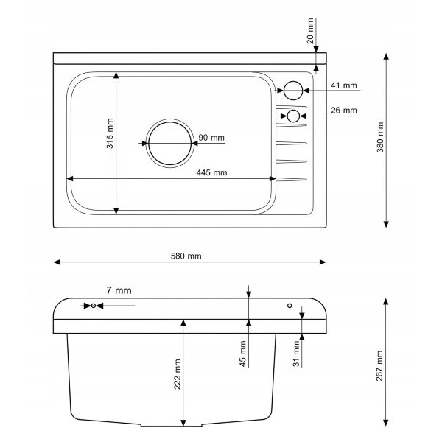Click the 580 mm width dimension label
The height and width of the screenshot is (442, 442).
(x=186, y=256)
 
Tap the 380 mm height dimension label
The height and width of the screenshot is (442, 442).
(x=380, y=137)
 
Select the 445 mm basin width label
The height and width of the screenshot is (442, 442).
(x=211, y=172)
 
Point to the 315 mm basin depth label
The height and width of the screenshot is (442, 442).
(x=110, y=133)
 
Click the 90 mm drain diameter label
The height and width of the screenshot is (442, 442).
(x=211, y=138)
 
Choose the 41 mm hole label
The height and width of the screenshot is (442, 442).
(x=344, y=85)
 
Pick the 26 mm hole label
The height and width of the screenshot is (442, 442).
(x=344, y=110)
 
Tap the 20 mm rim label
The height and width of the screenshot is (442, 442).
(x=310, y=31)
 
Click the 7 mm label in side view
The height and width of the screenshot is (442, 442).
(x=119, y=290)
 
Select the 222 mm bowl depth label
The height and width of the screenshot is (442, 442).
(x=177, y=374)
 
